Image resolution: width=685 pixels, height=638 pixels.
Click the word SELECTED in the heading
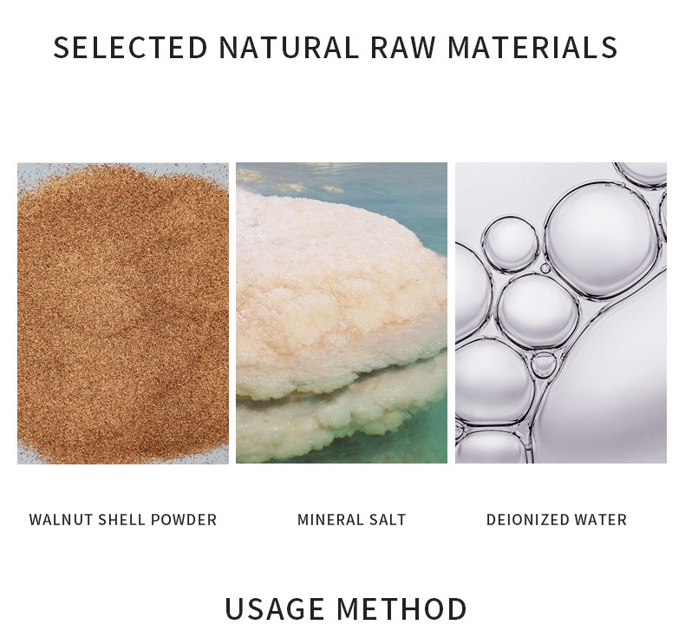(130, 47)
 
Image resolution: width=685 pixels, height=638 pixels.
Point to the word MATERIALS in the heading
(532, 47)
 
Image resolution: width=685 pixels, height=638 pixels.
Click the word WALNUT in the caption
(61, 520)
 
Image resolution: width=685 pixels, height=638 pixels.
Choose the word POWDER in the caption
(183, 520)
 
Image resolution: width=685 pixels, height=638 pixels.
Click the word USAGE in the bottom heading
(276, 608)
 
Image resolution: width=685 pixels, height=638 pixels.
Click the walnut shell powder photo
(123, 312)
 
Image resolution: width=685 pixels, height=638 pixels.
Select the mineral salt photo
(342, 312)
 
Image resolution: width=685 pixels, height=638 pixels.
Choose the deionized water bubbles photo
(561, 312)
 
